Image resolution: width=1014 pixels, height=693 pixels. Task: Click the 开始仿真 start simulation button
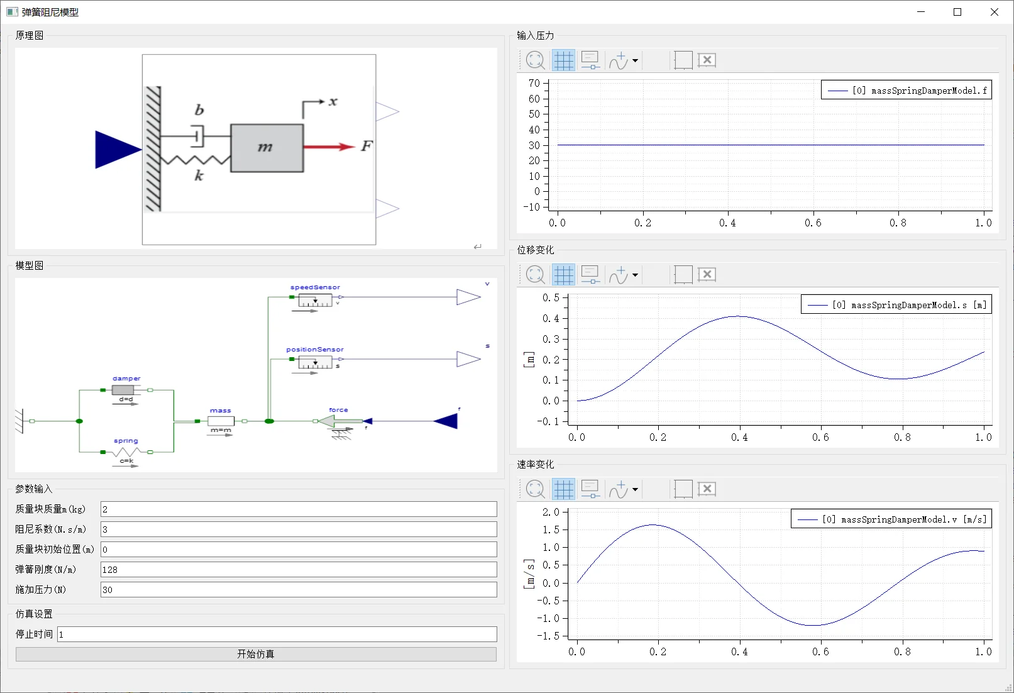[x=256, y=654]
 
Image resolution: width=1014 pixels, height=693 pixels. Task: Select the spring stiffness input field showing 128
[x=299, y=569]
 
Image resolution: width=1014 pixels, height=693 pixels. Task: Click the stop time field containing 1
[x=277, y=634]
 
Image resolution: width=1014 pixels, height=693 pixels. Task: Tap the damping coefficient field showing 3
[x=299, y=529]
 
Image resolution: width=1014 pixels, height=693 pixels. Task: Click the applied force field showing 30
[x=299, y=590]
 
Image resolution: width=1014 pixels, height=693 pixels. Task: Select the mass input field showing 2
[x=299, y=509]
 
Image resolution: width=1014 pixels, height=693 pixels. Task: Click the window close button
[x=994, y=12]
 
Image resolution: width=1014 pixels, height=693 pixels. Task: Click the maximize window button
[x=957, y=12]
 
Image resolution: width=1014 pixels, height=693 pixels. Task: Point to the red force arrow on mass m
[x=329, y=147]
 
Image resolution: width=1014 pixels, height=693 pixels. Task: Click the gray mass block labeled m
[x=267, y=148]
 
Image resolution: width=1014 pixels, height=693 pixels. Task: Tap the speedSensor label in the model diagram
[x=315, y=287]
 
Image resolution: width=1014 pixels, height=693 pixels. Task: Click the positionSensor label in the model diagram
[x=315, y=349]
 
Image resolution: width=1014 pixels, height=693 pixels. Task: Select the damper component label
[x=126, y=378]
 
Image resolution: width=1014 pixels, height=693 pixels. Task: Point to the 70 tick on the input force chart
[x=534, y=84]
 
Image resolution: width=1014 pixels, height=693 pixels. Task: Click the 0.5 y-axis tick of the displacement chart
[x=551, y=297]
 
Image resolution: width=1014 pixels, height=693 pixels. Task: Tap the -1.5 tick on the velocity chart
[x=548, y=636]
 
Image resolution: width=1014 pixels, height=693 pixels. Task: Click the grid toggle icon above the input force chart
[x=564, y=60]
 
